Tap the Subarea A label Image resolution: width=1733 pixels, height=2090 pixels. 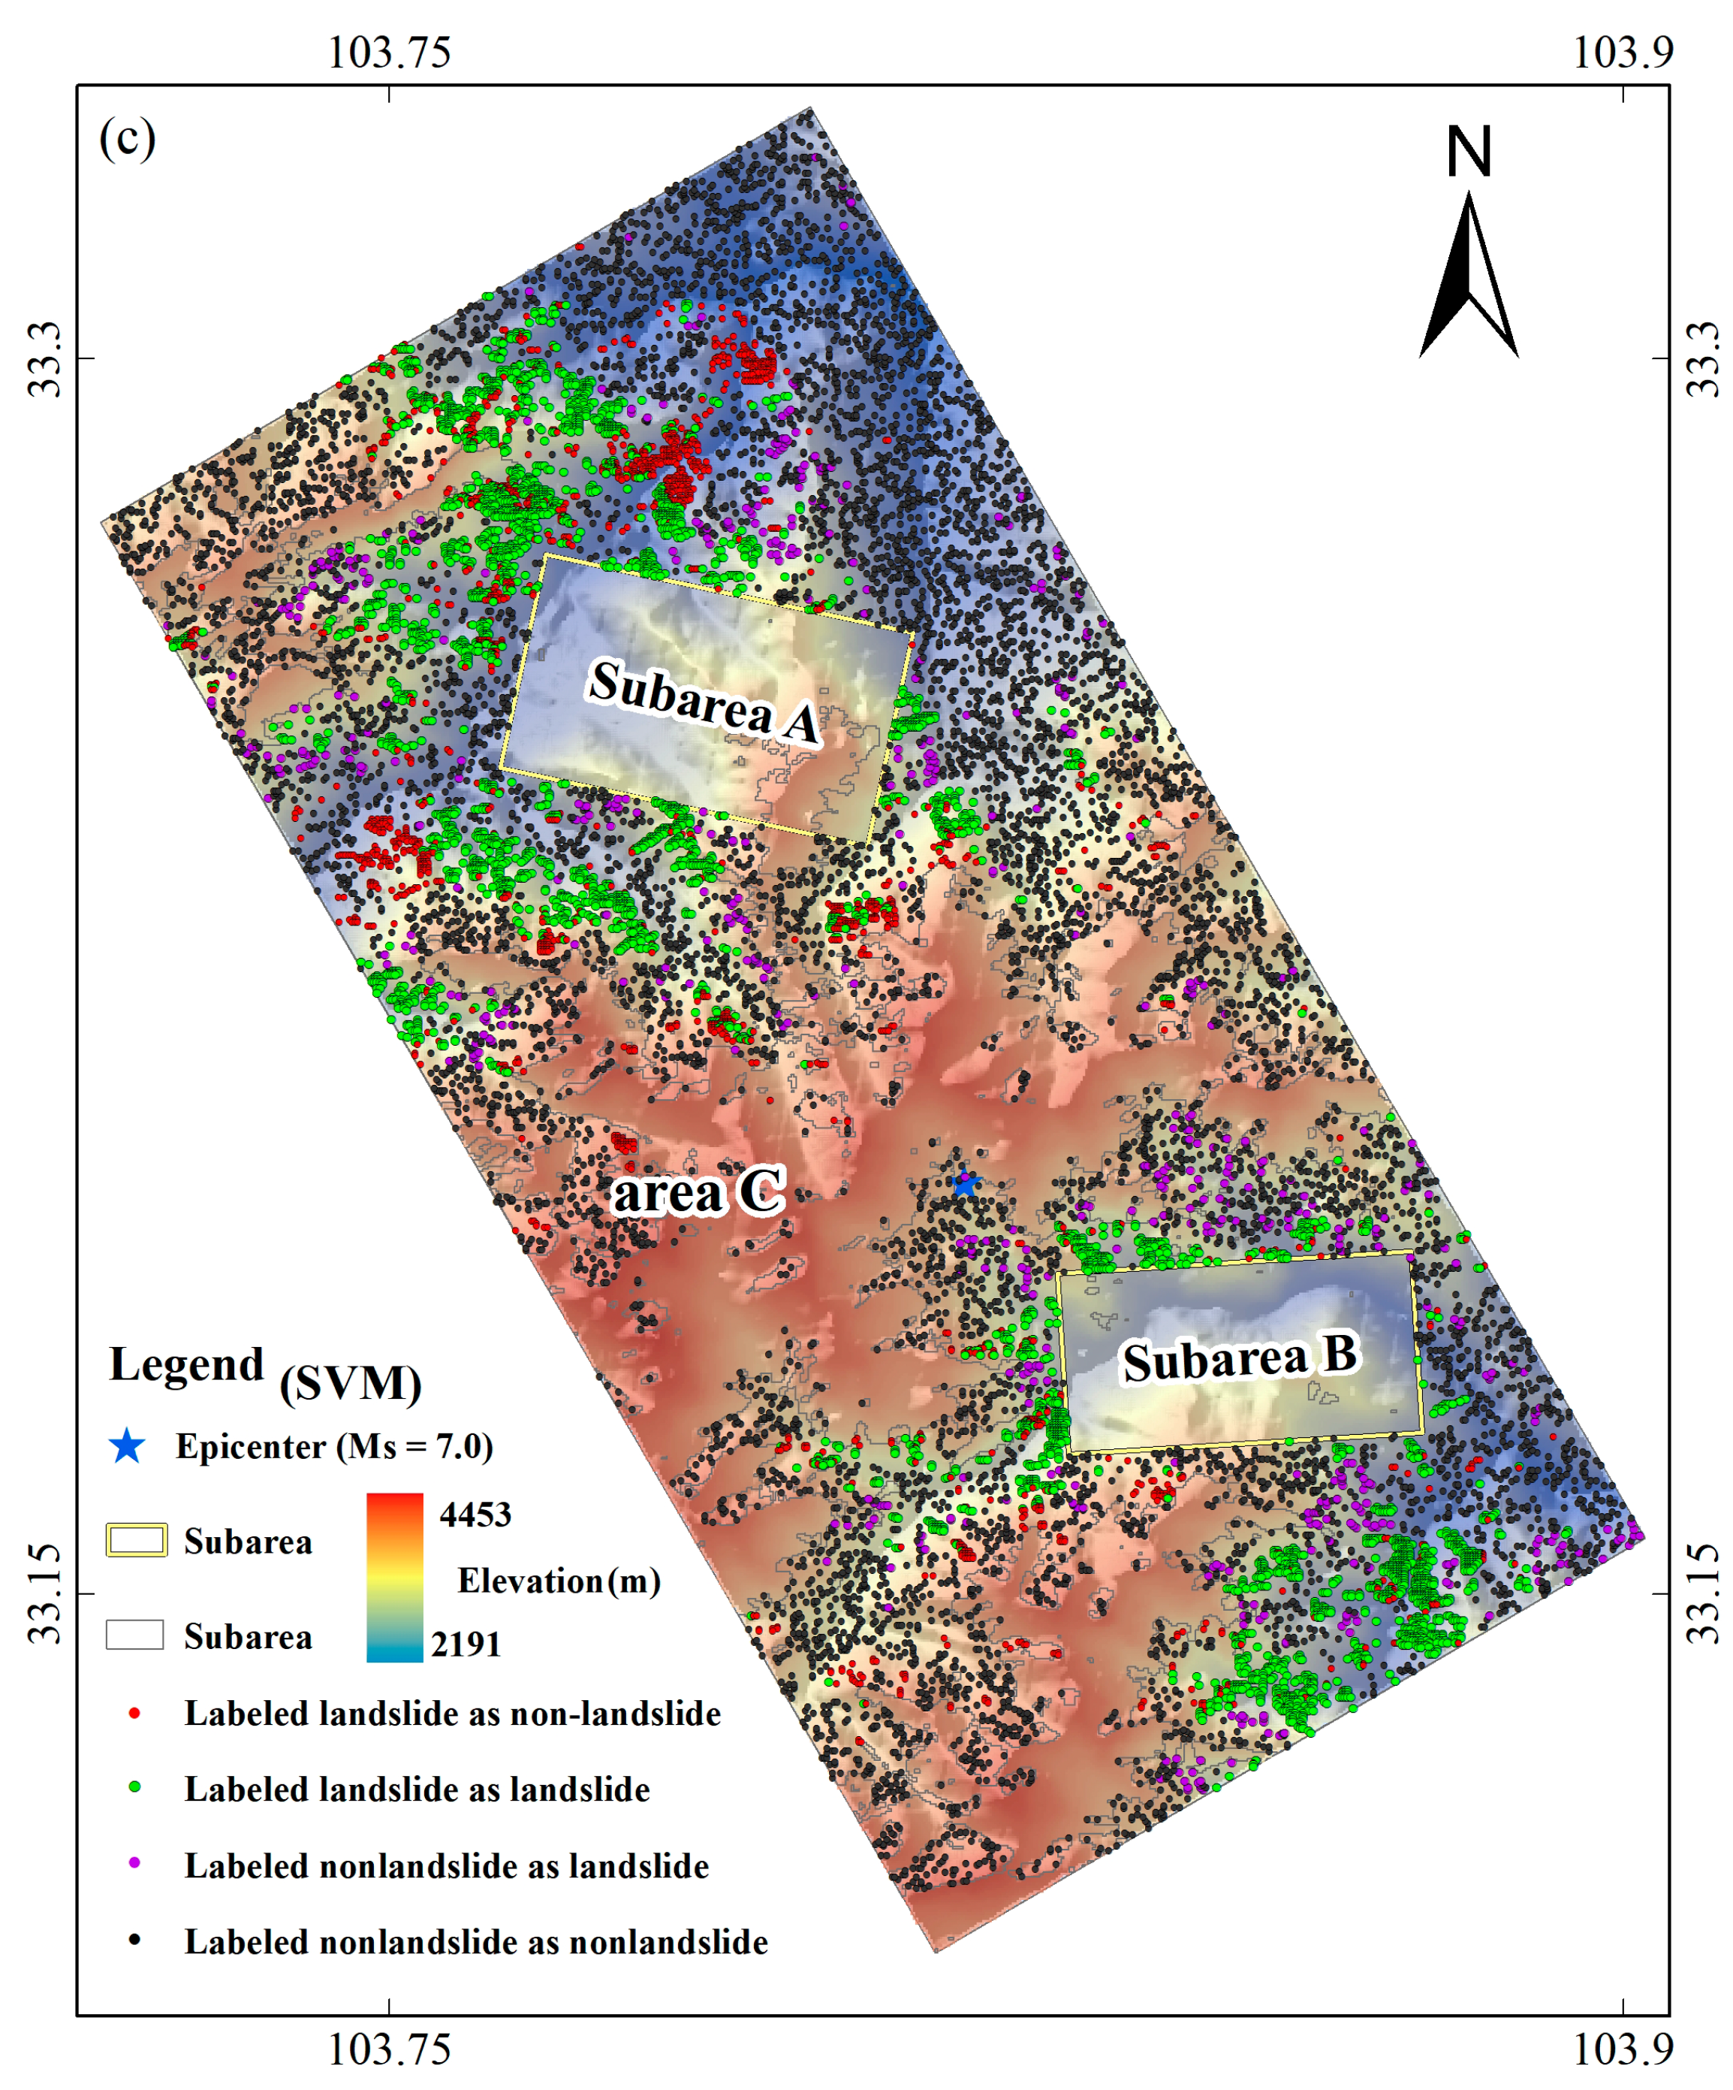704,701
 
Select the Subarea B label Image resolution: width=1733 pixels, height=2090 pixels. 1240,1358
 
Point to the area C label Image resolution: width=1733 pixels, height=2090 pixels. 698,1192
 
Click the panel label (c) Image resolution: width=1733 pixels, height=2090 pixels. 128,137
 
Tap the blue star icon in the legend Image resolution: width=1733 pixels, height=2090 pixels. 128,1446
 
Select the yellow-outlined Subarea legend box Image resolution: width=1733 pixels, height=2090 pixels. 137,1541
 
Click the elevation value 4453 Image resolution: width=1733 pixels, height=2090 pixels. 475,1515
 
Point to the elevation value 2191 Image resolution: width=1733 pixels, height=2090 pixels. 466,1645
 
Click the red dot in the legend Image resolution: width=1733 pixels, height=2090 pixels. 134,1713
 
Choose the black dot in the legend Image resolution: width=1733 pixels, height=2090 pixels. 134,1940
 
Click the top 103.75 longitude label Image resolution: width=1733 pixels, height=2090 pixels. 389,52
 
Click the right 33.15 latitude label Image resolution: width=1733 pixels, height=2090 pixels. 1702,1593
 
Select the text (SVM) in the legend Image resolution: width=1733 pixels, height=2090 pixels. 350,1383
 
